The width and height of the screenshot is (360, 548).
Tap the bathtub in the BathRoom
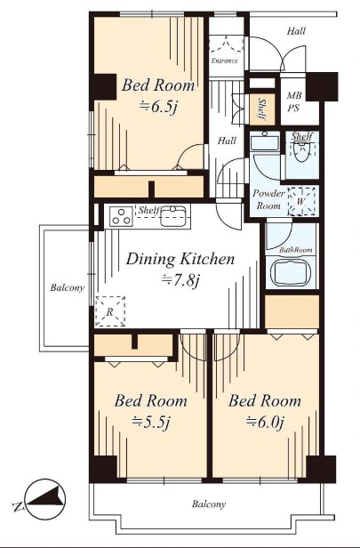tap(291, 273)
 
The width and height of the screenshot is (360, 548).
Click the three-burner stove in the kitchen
tap(121, 216)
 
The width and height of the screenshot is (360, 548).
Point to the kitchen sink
tap(173, 216)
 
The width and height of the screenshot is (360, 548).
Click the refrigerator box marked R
tap(110, 311)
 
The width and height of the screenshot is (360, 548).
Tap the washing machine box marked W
tap(302, 202)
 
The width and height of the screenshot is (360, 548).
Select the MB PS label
tap(293, 101)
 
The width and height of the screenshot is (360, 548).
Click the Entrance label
tap(224, 60)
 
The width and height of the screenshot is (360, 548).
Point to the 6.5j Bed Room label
tap(158, 96)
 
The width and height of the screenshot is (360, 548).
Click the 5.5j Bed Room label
tap(151, 411)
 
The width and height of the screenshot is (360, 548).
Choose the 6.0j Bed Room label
tap(265, 411)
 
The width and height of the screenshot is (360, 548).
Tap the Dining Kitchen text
tap(180, 259)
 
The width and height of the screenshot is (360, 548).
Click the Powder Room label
tap(268, 199)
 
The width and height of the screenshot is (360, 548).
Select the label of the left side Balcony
tap(67, 287)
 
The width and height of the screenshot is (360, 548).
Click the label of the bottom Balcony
tap(209, 504)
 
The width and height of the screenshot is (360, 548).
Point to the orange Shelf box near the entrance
tap(262, 109)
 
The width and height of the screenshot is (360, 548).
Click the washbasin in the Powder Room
tap(265, 141)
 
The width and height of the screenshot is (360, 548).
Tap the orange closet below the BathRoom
tap(292, 311)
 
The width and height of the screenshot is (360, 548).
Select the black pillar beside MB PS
tap(322, 86)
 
